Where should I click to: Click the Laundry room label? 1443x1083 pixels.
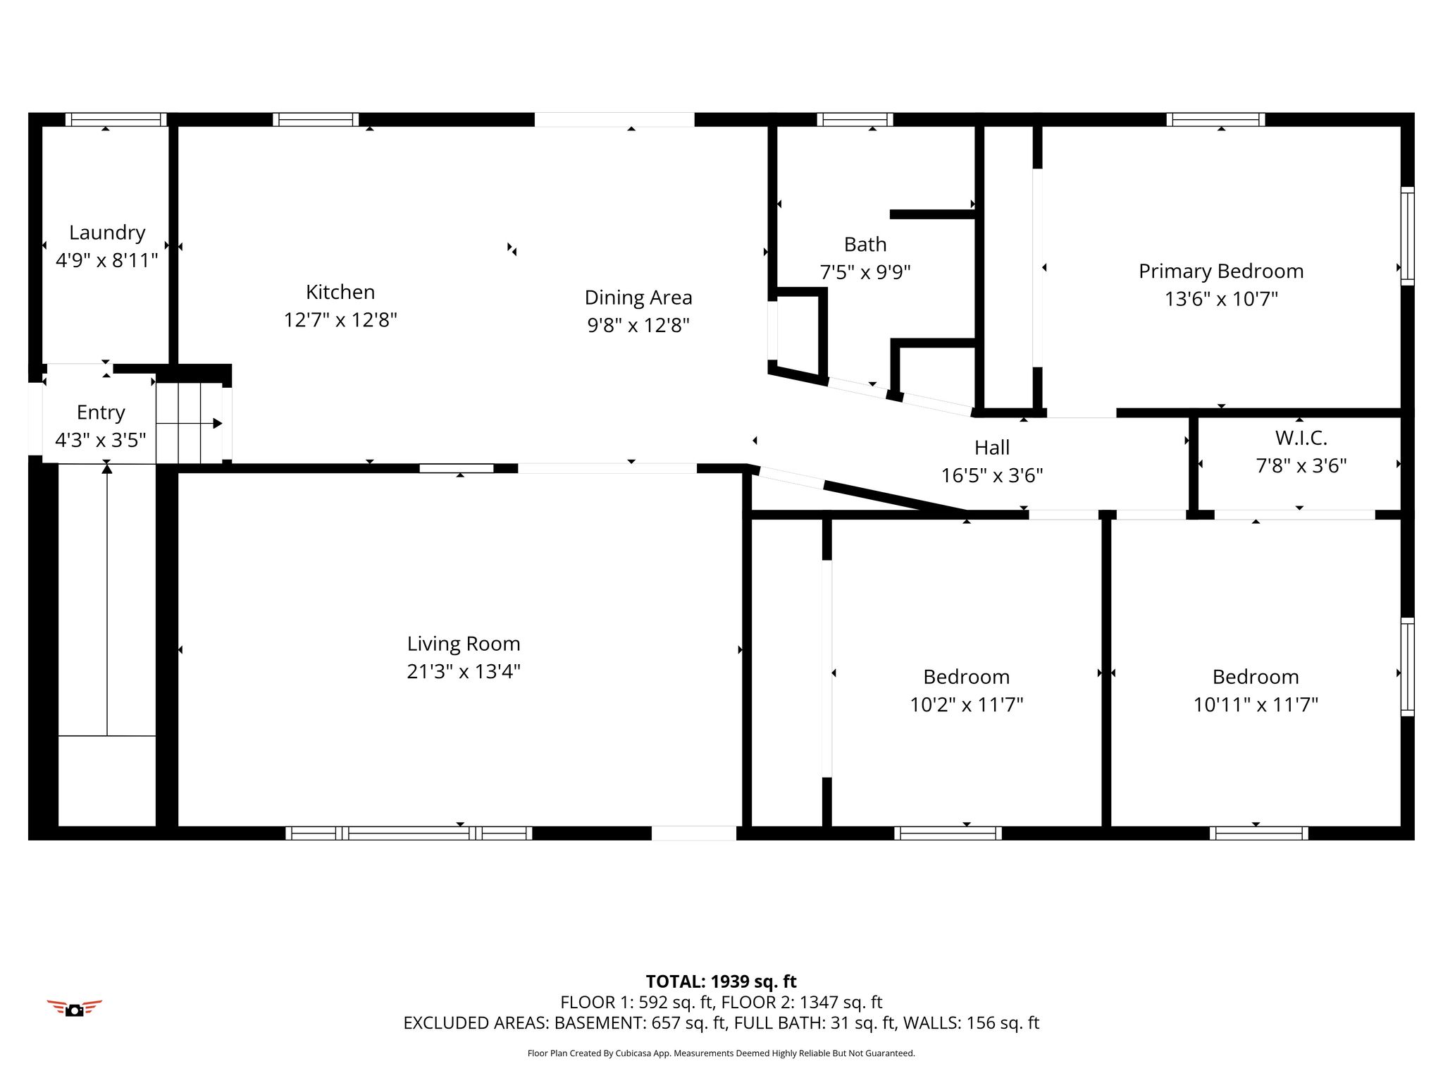[107, 233]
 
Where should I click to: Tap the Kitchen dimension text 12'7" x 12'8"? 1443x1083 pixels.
[340, 320]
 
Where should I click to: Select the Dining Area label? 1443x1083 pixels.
[638, 298]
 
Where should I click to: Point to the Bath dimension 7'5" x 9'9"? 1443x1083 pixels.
[865, 272]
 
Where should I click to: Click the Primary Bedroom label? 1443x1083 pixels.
[1221, 271]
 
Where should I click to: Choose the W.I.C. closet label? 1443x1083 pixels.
[1301, 438]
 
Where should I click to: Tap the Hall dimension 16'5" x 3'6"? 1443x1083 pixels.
[992, 475]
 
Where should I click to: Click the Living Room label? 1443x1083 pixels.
[464, 644]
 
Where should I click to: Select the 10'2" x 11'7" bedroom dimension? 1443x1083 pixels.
[967, 704]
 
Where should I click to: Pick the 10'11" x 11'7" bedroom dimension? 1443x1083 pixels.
[1256, 704]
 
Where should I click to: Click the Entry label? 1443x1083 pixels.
[101, 413]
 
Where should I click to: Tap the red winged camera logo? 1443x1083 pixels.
[74, 1008]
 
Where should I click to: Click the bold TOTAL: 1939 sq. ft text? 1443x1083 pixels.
[721, 981]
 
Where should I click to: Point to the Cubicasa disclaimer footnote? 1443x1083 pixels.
[721, 1053]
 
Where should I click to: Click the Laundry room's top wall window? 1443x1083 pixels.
[116, 120]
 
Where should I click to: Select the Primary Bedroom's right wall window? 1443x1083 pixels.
[1407, 236]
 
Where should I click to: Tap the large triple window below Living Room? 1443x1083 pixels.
[409, 833]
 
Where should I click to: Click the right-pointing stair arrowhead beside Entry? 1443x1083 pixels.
[218, 423]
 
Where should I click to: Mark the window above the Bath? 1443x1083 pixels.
[855, 120]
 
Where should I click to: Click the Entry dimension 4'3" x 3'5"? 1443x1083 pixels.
[101, 441]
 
